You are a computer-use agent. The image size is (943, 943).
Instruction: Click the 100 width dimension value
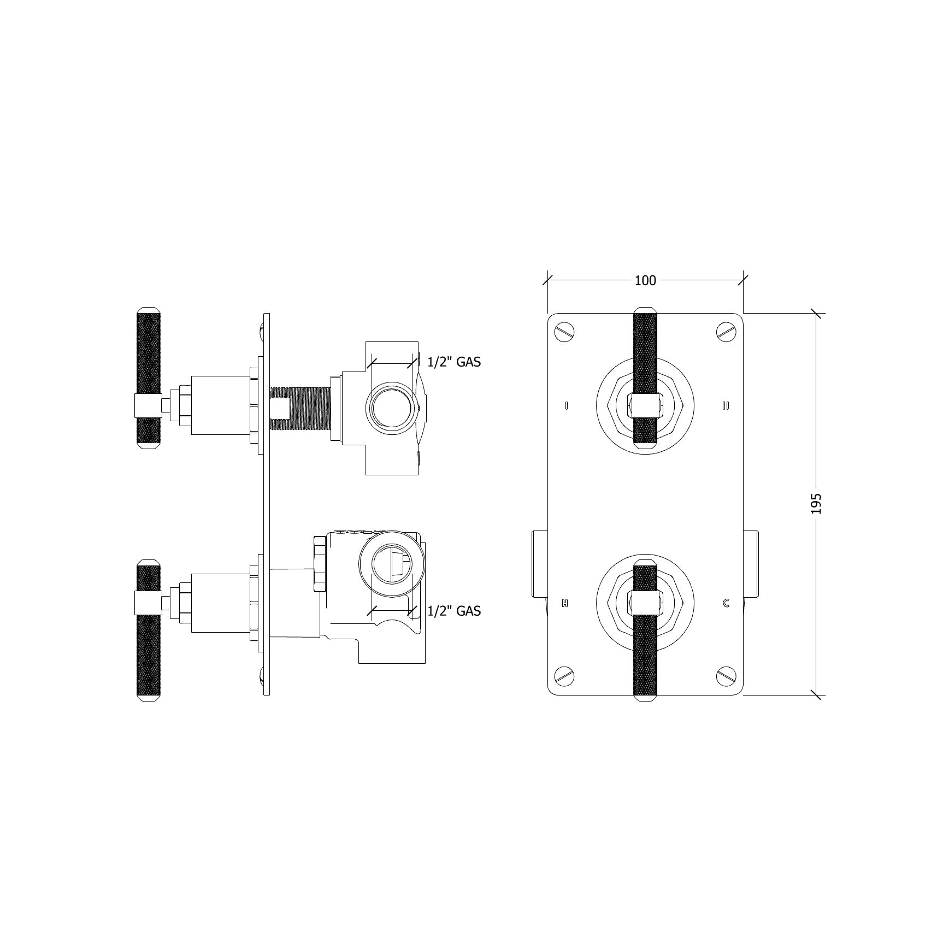[645, 280]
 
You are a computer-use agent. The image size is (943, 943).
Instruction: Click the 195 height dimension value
[816, 503]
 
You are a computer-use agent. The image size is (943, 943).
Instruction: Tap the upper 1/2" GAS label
[454, 362]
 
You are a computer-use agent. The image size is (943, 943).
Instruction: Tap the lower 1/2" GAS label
[454, 611]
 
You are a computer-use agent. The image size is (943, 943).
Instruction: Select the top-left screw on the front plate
[565, 333]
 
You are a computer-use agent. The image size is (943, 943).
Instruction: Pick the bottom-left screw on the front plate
[565, 676]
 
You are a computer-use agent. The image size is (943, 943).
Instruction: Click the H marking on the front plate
[565, 603]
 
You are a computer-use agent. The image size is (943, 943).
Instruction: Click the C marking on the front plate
[726, 603]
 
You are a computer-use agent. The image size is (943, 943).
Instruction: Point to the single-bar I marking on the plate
[567, 405]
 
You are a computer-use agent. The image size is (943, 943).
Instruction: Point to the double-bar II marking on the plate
[726, 405]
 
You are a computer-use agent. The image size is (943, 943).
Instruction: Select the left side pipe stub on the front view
[540, 563]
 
